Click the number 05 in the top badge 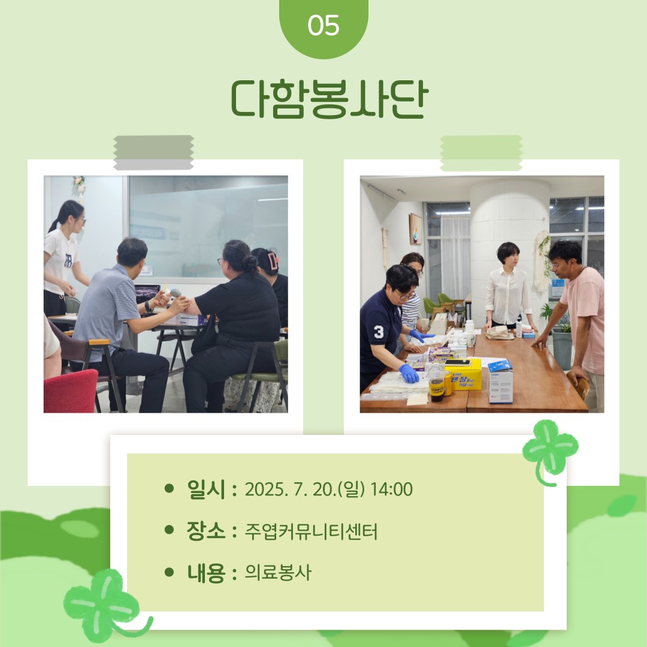click(323, 26)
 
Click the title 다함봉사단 click(329, 99)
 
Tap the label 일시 click(206, 489)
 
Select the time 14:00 click(392, 489)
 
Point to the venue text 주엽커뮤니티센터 click(311, 531)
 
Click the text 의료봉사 click(278, 572)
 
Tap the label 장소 click(206, 531)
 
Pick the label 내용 click(206, 573)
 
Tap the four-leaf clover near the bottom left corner click(101, 603)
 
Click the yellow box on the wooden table click(463, 374)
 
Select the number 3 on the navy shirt click(379, 332)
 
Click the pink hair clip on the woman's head click(273, 261)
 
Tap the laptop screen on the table click(147, 294)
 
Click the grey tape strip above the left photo click(153, 152)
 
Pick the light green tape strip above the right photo click(481, 153)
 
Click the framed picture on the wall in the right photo click(416, 229)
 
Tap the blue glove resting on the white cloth click(409, 373)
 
